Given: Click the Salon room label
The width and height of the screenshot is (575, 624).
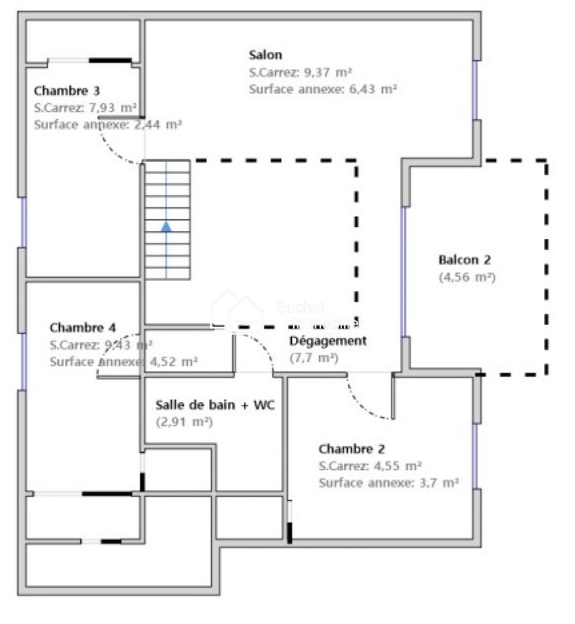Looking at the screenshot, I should (266, 55).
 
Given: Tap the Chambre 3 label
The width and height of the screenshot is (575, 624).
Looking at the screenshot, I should (67, 91).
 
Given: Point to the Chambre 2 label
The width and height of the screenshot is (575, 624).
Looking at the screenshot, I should (352, 449).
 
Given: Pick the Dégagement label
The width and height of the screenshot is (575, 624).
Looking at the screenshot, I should (327, 341).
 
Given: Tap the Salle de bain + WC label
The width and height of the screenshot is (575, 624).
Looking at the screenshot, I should (215, 405).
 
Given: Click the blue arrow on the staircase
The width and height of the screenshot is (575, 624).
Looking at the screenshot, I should (166, 226).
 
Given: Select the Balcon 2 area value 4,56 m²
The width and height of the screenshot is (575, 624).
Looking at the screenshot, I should (467, 277).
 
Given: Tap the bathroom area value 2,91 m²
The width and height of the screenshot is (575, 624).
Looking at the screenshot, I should (185, 422).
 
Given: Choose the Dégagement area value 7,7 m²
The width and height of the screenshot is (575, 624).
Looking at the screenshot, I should (313, 358).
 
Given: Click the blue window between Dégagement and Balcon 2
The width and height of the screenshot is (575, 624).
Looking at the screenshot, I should (404, 272).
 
